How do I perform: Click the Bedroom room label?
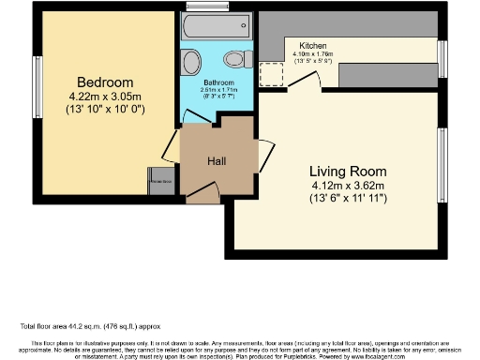point(105,82)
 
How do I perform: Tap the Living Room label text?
point(348,172)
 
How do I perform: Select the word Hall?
point(217,161)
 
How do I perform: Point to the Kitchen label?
point(313,46)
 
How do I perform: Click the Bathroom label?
point(219,82)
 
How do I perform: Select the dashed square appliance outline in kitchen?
point(272,74)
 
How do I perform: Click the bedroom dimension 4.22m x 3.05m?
point(105,97)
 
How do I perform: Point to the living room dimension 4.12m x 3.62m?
point(348,186)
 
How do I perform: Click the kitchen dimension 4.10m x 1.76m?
point(313,54)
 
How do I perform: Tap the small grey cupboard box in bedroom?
point(159,181)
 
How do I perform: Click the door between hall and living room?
point(265,152)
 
